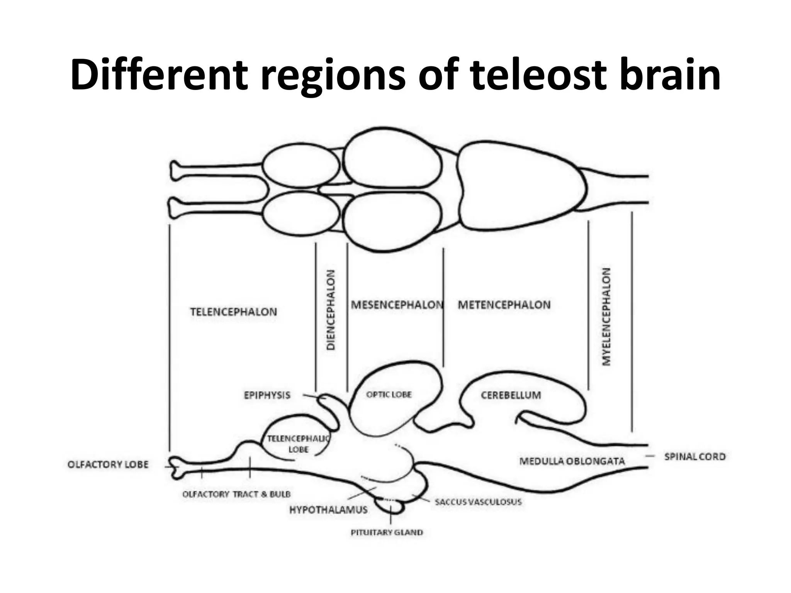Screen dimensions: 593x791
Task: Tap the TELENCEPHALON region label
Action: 233,312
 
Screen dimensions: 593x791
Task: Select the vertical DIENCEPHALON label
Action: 331,310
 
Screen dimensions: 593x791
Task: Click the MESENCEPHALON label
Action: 397,305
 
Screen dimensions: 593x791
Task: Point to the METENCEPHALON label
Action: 504,305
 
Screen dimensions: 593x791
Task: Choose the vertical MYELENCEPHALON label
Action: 607,317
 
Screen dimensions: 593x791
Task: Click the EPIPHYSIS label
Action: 267,395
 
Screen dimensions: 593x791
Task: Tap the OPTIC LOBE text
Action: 389,395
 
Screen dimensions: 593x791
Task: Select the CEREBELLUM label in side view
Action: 511,395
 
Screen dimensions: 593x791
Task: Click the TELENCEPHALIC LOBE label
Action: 299,444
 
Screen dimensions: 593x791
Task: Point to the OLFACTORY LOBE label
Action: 108,464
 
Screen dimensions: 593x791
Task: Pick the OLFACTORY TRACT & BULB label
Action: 236,494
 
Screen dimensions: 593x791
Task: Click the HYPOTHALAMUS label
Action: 328,510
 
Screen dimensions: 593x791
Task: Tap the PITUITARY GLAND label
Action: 387,532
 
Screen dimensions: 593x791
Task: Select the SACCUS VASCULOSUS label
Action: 478,502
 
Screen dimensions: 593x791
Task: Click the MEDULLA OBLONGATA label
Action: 572,461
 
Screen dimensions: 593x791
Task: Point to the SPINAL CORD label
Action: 695,457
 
